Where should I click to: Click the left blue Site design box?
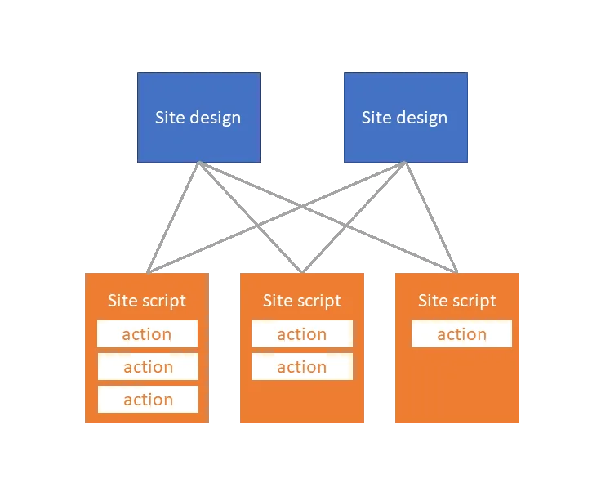click(x=198, y=117)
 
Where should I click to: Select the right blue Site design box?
click(x=405, y=117)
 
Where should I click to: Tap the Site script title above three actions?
click(x=147, y=301)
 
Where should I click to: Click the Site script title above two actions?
click(x=302, y=301)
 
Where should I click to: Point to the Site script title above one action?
click(x=457, y=301)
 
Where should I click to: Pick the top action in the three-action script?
click(x=147, y=334)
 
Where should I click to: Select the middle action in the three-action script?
click(x=148, y=367)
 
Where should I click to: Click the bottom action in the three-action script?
click(x=148, y=400)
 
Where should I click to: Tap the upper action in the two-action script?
click(x=302, y=334)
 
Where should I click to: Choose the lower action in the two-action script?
click(x=302, y=367)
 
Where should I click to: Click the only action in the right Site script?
click(x=461, y=334)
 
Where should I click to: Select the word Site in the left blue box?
click(x=169, y=117)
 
